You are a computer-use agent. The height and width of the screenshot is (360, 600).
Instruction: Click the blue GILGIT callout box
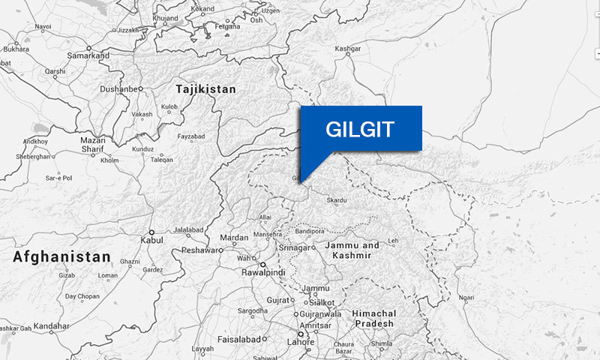click(x=361, y=128)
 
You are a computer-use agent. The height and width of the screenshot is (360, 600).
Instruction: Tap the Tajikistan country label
click(x=205, y=89)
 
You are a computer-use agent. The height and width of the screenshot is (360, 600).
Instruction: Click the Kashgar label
click(x=348, y=49)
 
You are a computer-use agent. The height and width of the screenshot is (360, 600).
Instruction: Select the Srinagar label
click(x=293, y=247)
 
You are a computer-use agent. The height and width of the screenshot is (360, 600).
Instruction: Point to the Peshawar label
click(x=201, y=250)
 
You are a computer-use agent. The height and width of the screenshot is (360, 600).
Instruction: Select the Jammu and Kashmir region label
click(x=352, y=250)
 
